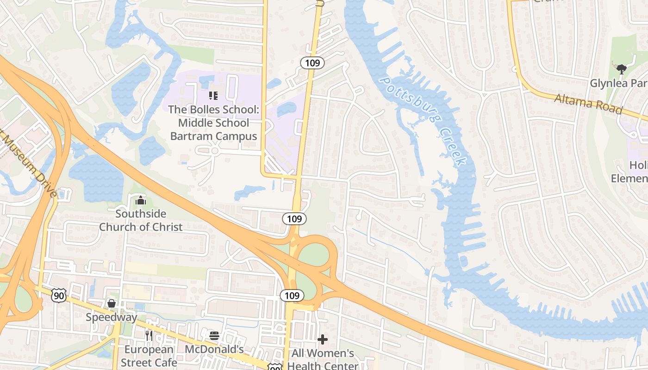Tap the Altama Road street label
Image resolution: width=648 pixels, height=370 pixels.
[x=588, y=103]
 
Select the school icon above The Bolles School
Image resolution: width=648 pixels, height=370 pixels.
[x=213, y=96]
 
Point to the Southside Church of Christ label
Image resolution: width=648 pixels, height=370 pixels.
[x=141, y=220]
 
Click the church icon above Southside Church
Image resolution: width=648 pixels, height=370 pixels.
[x=141, y=201]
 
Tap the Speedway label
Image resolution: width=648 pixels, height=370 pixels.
[x=112, y=317]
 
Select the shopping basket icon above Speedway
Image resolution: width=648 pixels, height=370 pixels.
[x=112, y=303]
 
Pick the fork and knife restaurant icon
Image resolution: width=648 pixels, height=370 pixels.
[x=149, y=335]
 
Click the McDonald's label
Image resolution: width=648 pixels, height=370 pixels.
[x=214, y=349]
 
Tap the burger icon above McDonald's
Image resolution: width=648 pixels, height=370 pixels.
[x=214, y=335]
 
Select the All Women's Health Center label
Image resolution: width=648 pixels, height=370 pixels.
[x=323, y=359]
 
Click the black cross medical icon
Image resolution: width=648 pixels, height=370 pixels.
[x=323, y=339]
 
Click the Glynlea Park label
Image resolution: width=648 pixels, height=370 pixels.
[x=618, y=83]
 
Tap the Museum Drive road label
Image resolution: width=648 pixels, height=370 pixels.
[x=28, y=164]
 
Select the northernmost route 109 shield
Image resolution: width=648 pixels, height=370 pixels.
[x=312, y=63]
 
